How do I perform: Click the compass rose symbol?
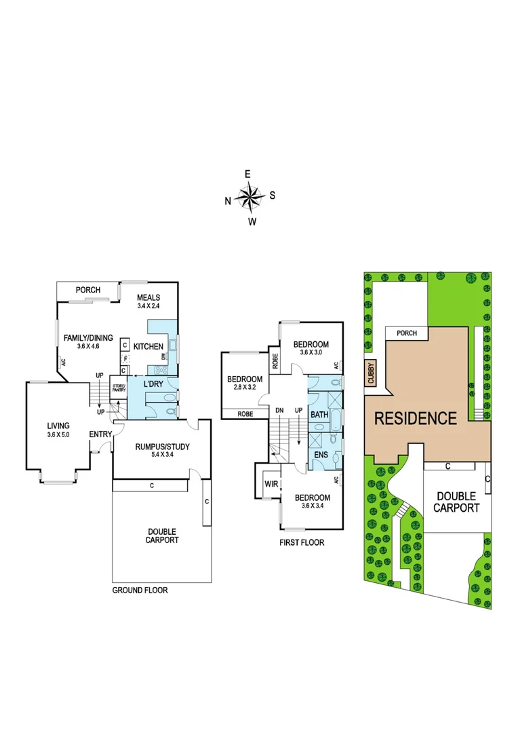point(250,197)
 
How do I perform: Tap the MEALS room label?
point(148,297)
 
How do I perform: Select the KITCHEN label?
point(148,347)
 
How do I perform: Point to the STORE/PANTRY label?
point(119,389)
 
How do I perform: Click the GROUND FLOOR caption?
point(140,590)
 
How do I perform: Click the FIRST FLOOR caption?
point(302,542)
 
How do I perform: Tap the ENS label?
point(318,455)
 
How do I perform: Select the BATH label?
point(319,414)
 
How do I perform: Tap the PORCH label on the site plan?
point(407,333)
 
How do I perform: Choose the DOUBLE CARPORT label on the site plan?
point(455,502)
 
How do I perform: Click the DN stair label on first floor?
point(279,411)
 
